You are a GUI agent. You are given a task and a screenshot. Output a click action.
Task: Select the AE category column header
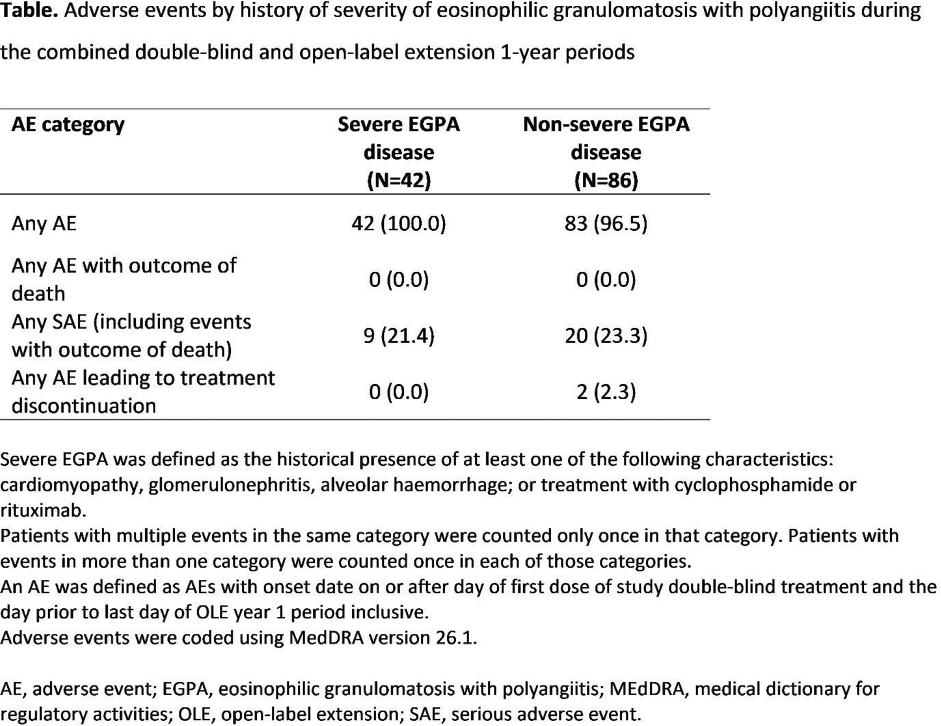(68, 125)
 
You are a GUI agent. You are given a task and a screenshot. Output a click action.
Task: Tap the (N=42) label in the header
(398, 181)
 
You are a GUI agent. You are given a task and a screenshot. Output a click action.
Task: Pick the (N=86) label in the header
(606, 181)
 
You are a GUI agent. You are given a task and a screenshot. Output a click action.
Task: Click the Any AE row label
(44, 223)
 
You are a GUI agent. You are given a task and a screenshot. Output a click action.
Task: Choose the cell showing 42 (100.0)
(398, 223)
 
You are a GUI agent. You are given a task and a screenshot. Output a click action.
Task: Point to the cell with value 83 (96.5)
(606, 223)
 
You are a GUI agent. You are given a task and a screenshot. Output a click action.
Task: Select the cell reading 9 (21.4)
(398, 335)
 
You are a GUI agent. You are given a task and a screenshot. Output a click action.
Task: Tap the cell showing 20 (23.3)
(606, 335)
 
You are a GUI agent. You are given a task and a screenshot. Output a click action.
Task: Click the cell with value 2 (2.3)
(606, 392)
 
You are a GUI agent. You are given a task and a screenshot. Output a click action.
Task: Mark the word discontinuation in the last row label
(84, 406)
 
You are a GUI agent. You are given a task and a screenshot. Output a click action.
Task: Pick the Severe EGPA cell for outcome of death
(398, 279)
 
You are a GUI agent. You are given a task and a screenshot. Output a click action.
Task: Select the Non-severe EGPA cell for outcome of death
(606, 279)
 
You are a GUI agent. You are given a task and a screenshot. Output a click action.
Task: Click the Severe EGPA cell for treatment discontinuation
(398, 392)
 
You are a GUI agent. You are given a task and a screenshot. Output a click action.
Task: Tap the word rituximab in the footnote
(43, 510)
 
